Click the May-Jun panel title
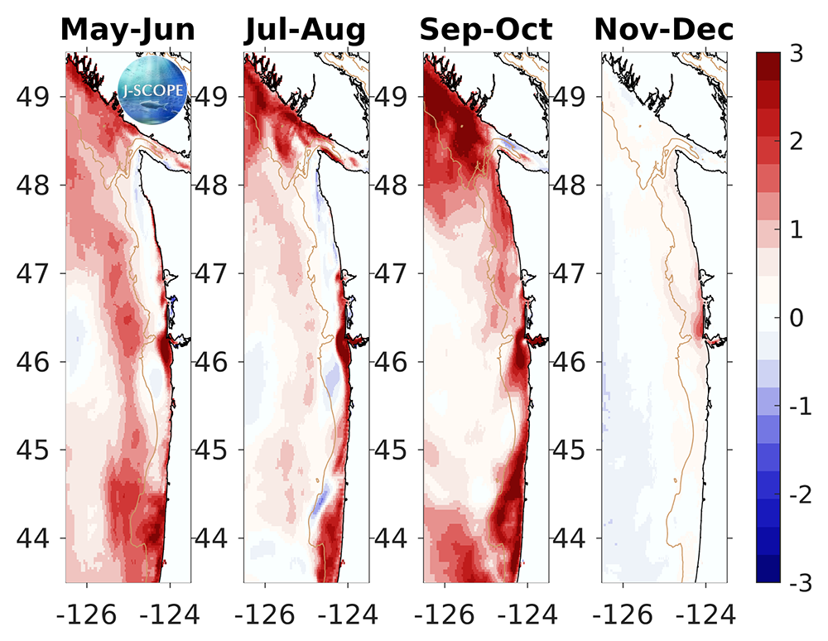point(128,31)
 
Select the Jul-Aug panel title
point(305,31)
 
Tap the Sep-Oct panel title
point(485,31)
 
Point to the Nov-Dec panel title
point(664,31)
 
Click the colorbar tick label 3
point(796,54)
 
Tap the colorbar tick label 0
point(796,319)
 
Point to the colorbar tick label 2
point(796,142)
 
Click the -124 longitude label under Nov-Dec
point(705,614)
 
